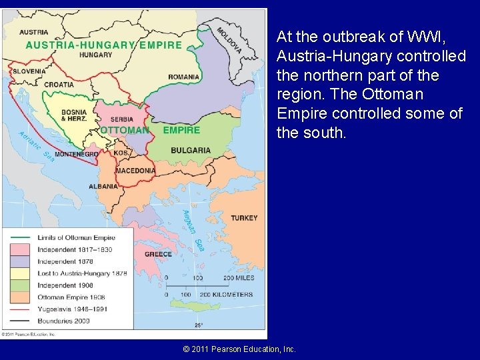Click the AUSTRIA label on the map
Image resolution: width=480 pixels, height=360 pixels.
click(33, 32)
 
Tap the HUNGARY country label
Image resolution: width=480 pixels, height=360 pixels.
click(95, 55)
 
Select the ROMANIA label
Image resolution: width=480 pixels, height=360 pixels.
click(183, 77)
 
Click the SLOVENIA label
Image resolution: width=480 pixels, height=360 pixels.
click(29, 71)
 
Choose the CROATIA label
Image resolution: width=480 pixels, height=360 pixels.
click(59, 85)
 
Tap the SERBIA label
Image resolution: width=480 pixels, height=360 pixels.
click(111, 119)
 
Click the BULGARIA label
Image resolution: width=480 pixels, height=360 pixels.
click(191, 151)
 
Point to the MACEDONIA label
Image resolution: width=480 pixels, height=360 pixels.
click(135, 171)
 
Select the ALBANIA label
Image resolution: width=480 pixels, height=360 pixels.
click(103, 186)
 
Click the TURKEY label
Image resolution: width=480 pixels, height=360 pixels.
click(244, 218)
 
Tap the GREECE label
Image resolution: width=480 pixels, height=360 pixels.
click(158, 254)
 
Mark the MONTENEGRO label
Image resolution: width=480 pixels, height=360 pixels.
click(76, 154)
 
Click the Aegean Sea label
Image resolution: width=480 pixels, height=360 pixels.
click(193, 230)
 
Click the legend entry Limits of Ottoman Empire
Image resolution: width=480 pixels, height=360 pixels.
click(76, 237)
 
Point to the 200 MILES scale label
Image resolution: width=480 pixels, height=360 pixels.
click(238, 277)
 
